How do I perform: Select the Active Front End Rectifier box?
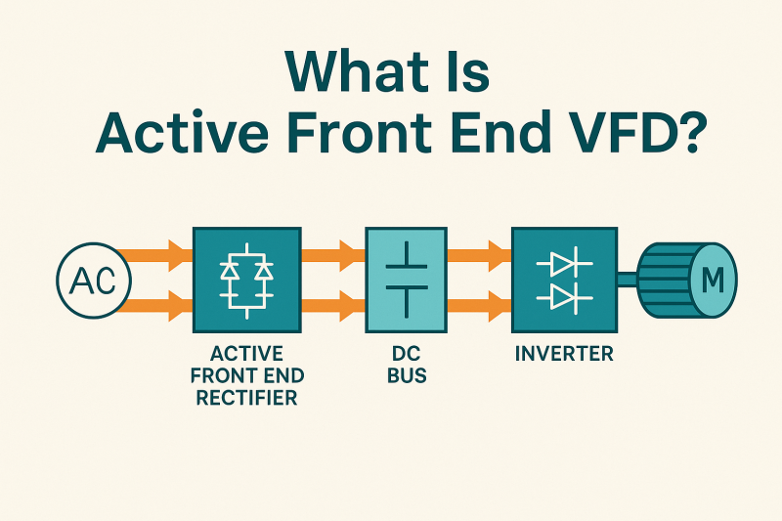click(246, 281)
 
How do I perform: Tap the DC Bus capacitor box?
click(406, 281)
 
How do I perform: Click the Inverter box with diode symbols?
click(564, 281)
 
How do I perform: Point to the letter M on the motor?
click(714, 282)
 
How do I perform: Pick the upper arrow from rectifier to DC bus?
click(333, 257)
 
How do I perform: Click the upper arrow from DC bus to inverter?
click(480, 257)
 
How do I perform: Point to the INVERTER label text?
click(564, 354)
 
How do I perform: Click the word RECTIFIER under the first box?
click(246, 398)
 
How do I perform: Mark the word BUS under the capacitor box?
click(405, 375)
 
